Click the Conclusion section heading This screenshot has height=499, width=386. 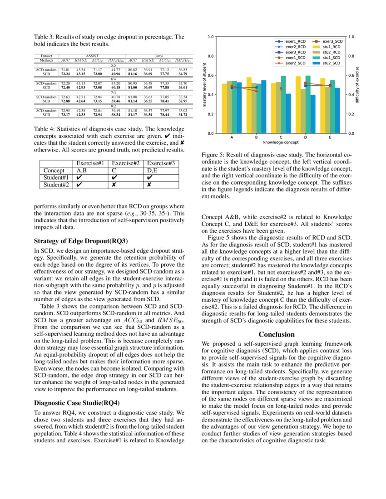277,334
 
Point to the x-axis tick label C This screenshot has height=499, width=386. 281,137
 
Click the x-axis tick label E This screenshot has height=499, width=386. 330,137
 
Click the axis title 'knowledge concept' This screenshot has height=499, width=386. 281,142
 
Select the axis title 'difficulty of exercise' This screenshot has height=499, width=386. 357,85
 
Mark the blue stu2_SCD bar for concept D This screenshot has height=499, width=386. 313,114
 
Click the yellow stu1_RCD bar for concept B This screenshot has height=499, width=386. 249,105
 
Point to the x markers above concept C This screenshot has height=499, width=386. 281,88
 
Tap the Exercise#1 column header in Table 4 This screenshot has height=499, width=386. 91,163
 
